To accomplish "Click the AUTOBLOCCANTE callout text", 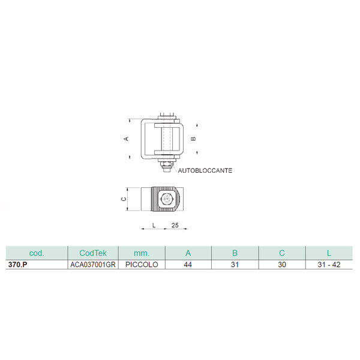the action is (x=205, y=170).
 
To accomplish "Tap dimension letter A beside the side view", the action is (x=126, y=139).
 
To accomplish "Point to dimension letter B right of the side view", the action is (x=194, y=139).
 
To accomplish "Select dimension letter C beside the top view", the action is (x=124, y=199).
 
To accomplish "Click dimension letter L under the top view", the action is (x=154, y=225).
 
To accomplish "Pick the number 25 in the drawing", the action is (x=175, y=225).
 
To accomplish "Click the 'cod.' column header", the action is (x=37, y=253).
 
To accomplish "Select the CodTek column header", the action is (x=93, y=253).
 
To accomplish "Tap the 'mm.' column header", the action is (x=142, y=253).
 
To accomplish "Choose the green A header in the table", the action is (x=188, y=253).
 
